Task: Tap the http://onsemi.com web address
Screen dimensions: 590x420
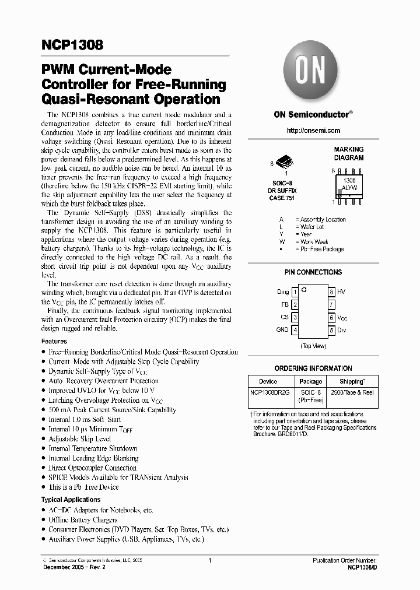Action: [313, 131]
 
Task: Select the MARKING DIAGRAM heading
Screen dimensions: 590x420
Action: [348, 154]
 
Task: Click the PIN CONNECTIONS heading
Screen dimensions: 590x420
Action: [313, 272]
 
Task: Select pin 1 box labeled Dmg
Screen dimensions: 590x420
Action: [295, 292]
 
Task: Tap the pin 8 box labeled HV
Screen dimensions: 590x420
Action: [331, 292]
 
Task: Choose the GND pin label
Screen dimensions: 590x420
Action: [282, 330]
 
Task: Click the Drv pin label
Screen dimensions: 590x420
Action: [341, 330]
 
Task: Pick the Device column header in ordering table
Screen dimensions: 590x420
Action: [268, 381]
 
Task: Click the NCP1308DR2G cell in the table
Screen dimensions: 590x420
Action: [269, 393]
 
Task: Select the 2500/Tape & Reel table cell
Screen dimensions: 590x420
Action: [352, 393]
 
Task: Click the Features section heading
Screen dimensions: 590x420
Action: [54, 341]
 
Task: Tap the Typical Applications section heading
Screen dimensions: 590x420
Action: [71, 500]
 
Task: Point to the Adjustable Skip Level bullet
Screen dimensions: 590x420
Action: [79, 438]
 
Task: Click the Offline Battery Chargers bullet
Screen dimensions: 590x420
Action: [83, 519]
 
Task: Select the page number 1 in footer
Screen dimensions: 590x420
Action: [209, 560]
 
